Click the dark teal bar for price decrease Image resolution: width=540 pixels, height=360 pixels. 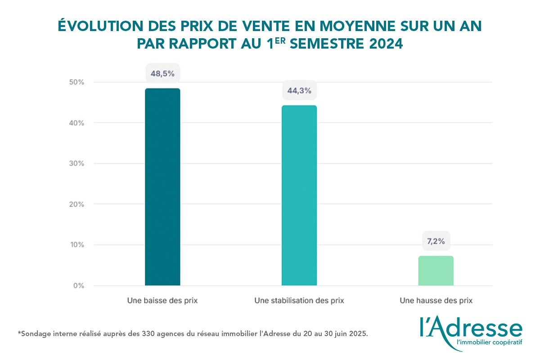click(162, 187)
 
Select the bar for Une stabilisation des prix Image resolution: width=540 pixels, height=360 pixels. click(299, 195)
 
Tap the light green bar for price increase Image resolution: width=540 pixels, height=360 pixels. click(436, 270)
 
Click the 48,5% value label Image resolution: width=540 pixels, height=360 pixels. click(162, 73)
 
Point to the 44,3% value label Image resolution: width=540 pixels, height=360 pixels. click(299, 90)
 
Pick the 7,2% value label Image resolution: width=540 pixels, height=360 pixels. click(436, 241)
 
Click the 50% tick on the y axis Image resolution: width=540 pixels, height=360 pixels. click(76, 82)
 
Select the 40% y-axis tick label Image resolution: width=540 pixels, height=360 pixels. click(76, 123)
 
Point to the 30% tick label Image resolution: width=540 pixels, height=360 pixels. click(76, 163)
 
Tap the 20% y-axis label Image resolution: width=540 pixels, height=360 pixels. click(76, 204)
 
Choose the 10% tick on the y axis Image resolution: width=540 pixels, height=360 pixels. click(76, 245)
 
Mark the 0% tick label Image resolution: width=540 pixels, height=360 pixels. click(78, 285)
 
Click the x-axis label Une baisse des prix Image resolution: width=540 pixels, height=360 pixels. click(162, 301)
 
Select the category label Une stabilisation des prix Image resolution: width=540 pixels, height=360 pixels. click(299, 301)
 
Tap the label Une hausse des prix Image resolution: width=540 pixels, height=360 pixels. click(436, 301)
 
